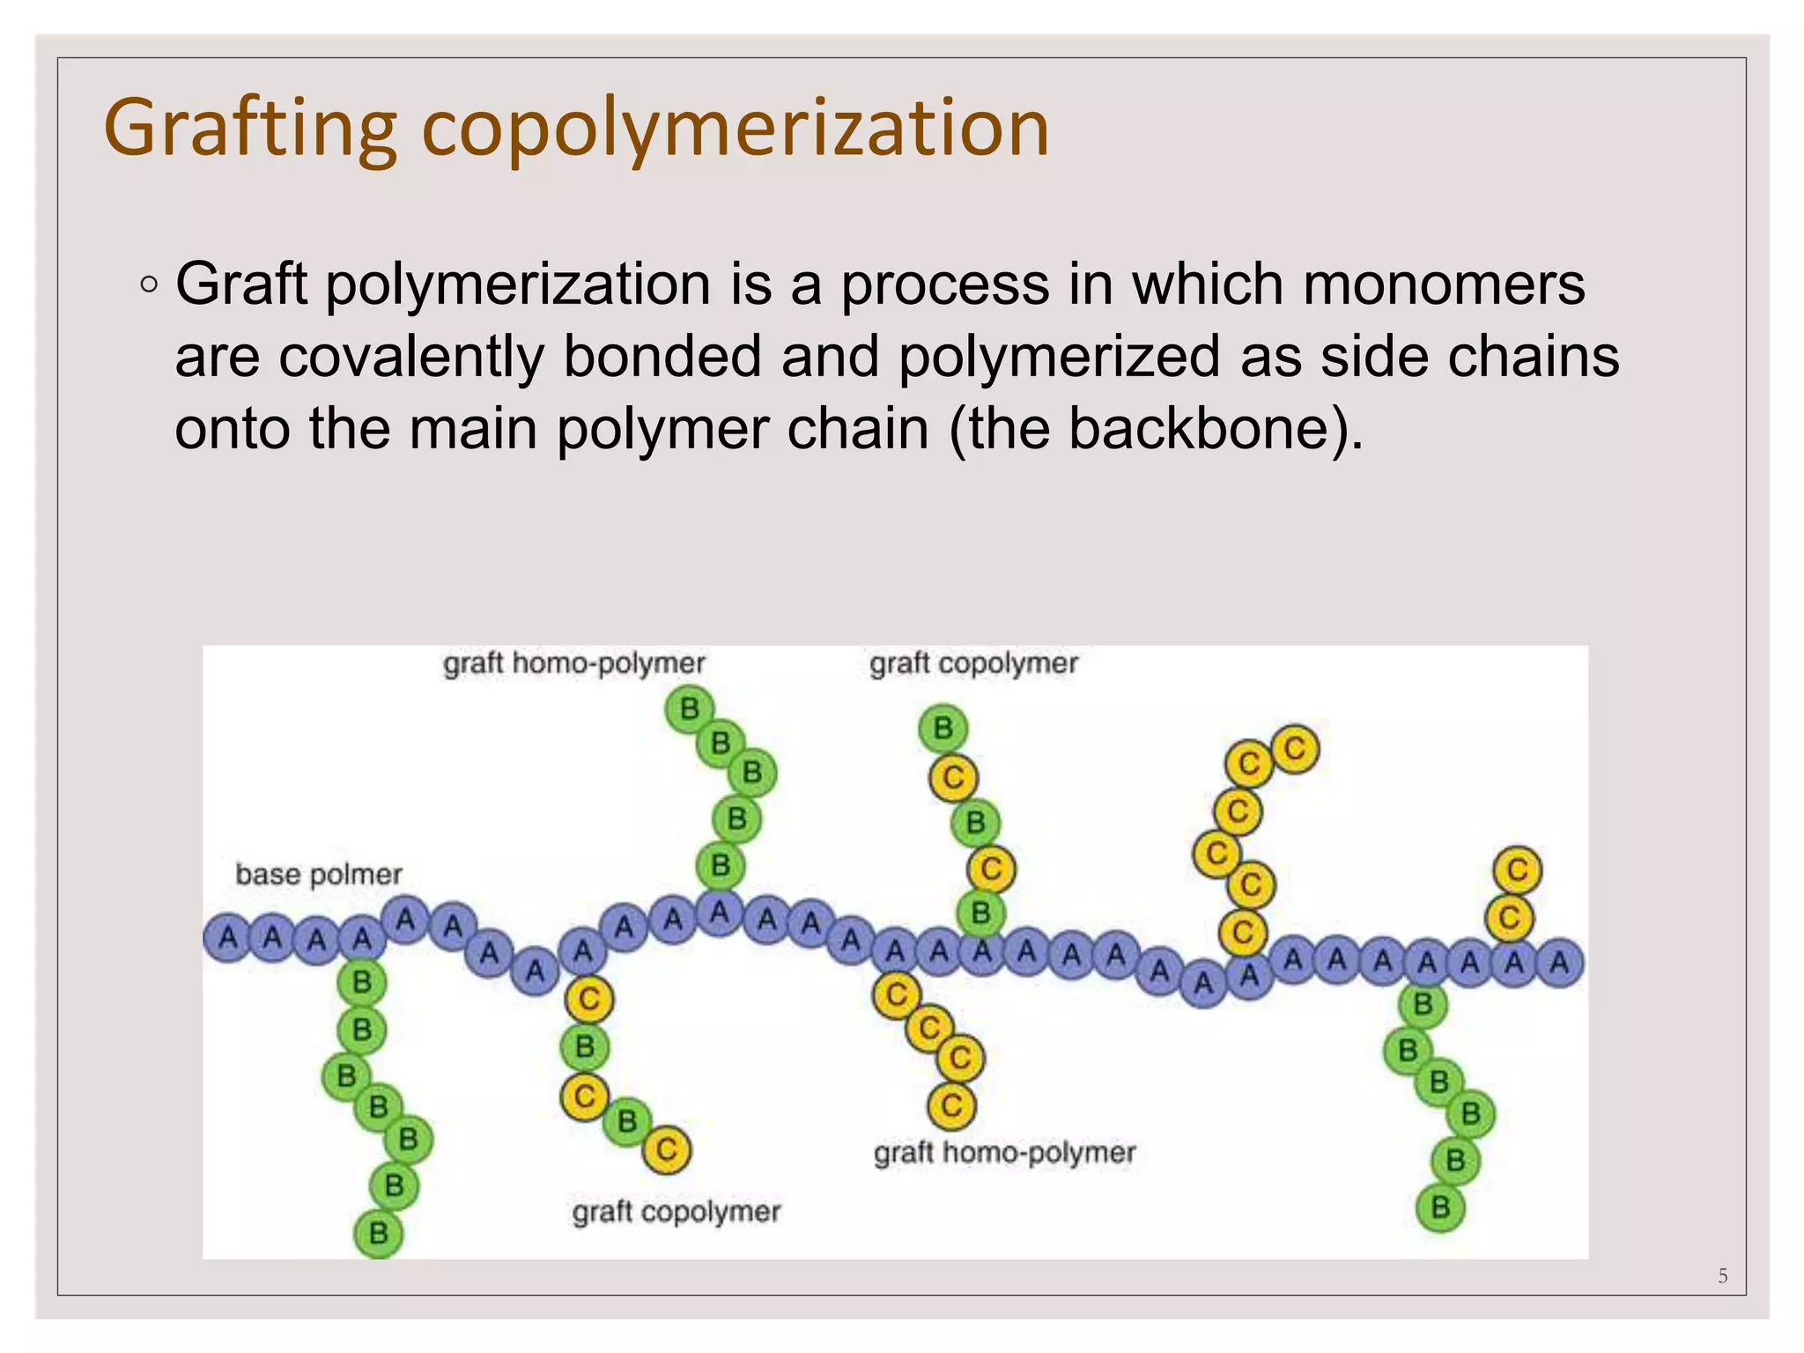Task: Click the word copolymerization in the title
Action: [x=736, y=129]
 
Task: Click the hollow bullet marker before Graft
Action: [x=149, y=285]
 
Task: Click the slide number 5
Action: [x=1723, y=1275]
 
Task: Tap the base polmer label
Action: [x=318, y=875]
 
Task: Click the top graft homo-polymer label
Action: [x=573, y=663]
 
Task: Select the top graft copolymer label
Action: [x=973, y=663]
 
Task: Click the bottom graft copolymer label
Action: [x=676, y=1212]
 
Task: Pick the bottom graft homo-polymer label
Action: [x=1004, y=1152]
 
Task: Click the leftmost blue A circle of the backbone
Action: [x=227, y=937]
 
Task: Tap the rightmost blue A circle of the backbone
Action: [x=1559, y=962]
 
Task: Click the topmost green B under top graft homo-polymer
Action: [x=689, y=709]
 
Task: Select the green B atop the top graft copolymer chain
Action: [x=943, y=728]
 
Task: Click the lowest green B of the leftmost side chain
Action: [x=378, y=1233]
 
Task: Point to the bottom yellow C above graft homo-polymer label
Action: [x=951, y=1105]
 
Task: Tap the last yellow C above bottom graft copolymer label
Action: [x=666, y=1150]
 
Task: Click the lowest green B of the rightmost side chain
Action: [x=1440, y=1207]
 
